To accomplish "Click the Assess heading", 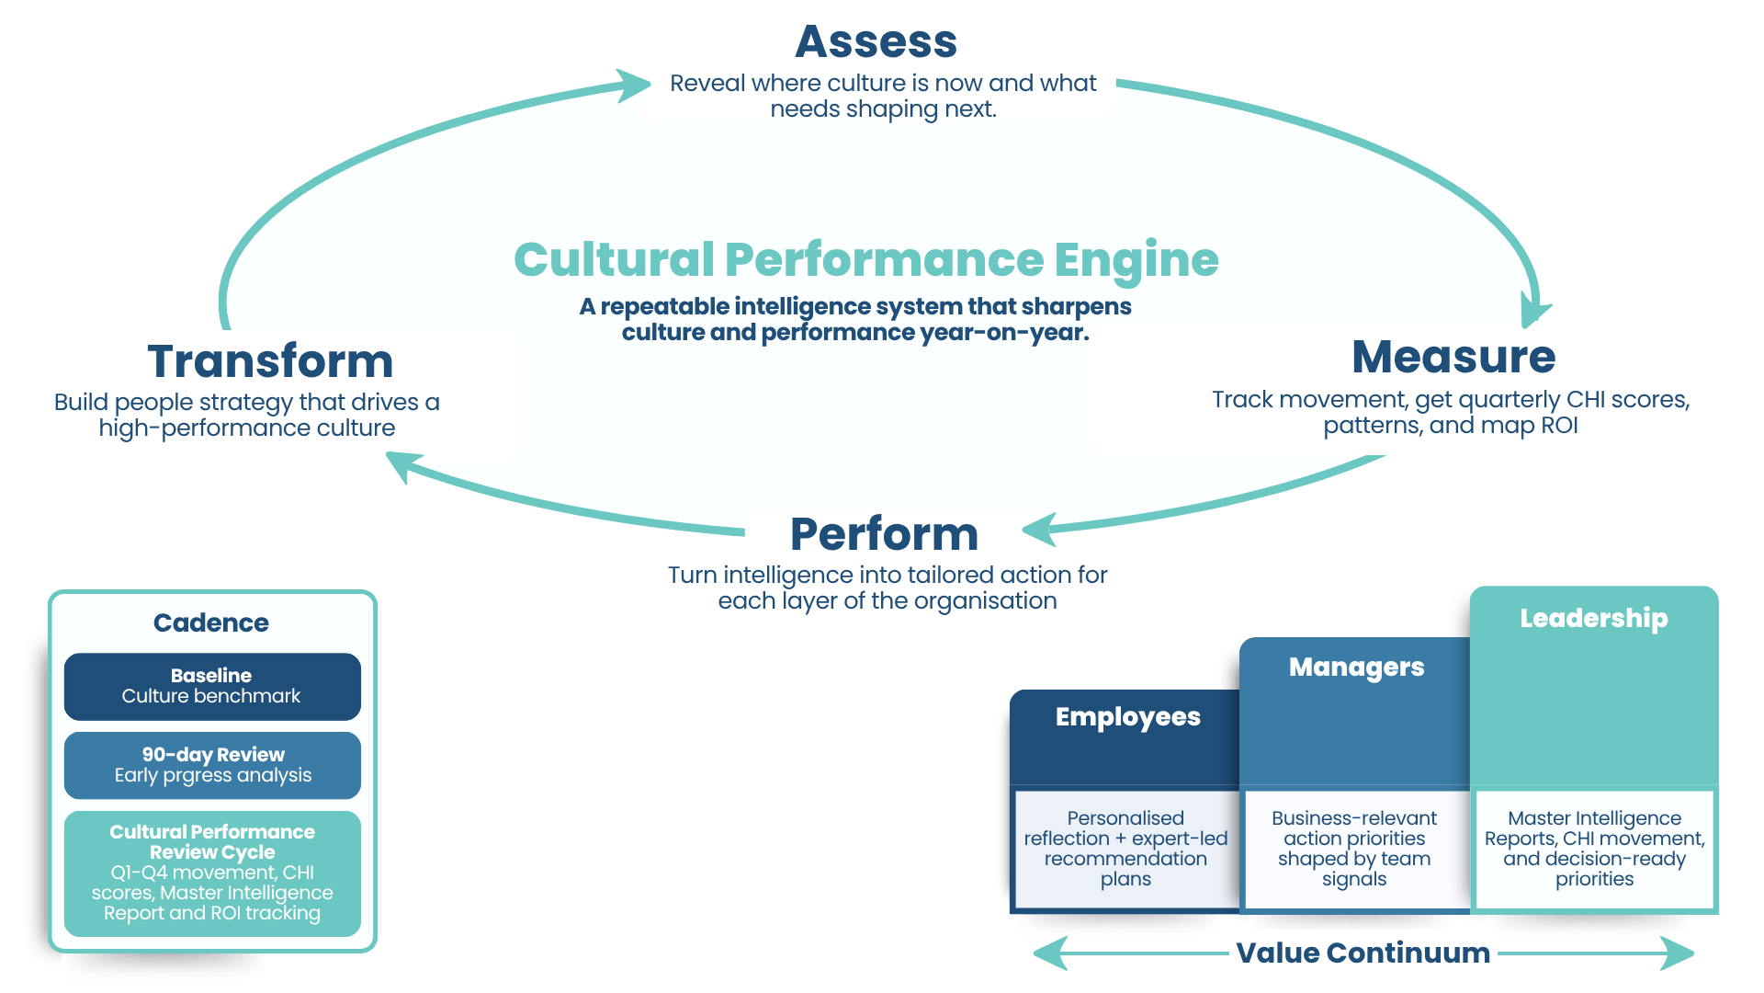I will [876, 43].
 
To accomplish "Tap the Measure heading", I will [1453, 357].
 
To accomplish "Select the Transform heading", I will [270, 360].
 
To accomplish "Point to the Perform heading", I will [884, 534].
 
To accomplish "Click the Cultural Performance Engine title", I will [865, 259].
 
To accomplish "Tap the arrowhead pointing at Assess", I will [635, 85].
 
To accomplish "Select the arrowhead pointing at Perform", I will [1040, 529].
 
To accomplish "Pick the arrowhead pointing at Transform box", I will [402, 464].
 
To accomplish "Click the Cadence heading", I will [210, 622].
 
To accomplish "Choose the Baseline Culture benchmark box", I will [212, 686].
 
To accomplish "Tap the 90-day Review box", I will [212, 765].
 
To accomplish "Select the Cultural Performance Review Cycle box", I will [212, 873].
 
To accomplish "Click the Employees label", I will [1127, 717].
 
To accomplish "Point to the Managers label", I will [1356, 668].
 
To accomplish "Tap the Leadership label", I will [1593, 618].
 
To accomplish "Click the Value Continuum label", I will [1363, 953].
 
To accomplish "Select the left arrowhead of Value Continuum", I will [1049, 953].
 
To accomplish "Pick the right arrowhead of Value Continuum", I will [1679, 953].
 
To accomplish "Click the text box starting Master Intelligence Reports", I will [1594, 848].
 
